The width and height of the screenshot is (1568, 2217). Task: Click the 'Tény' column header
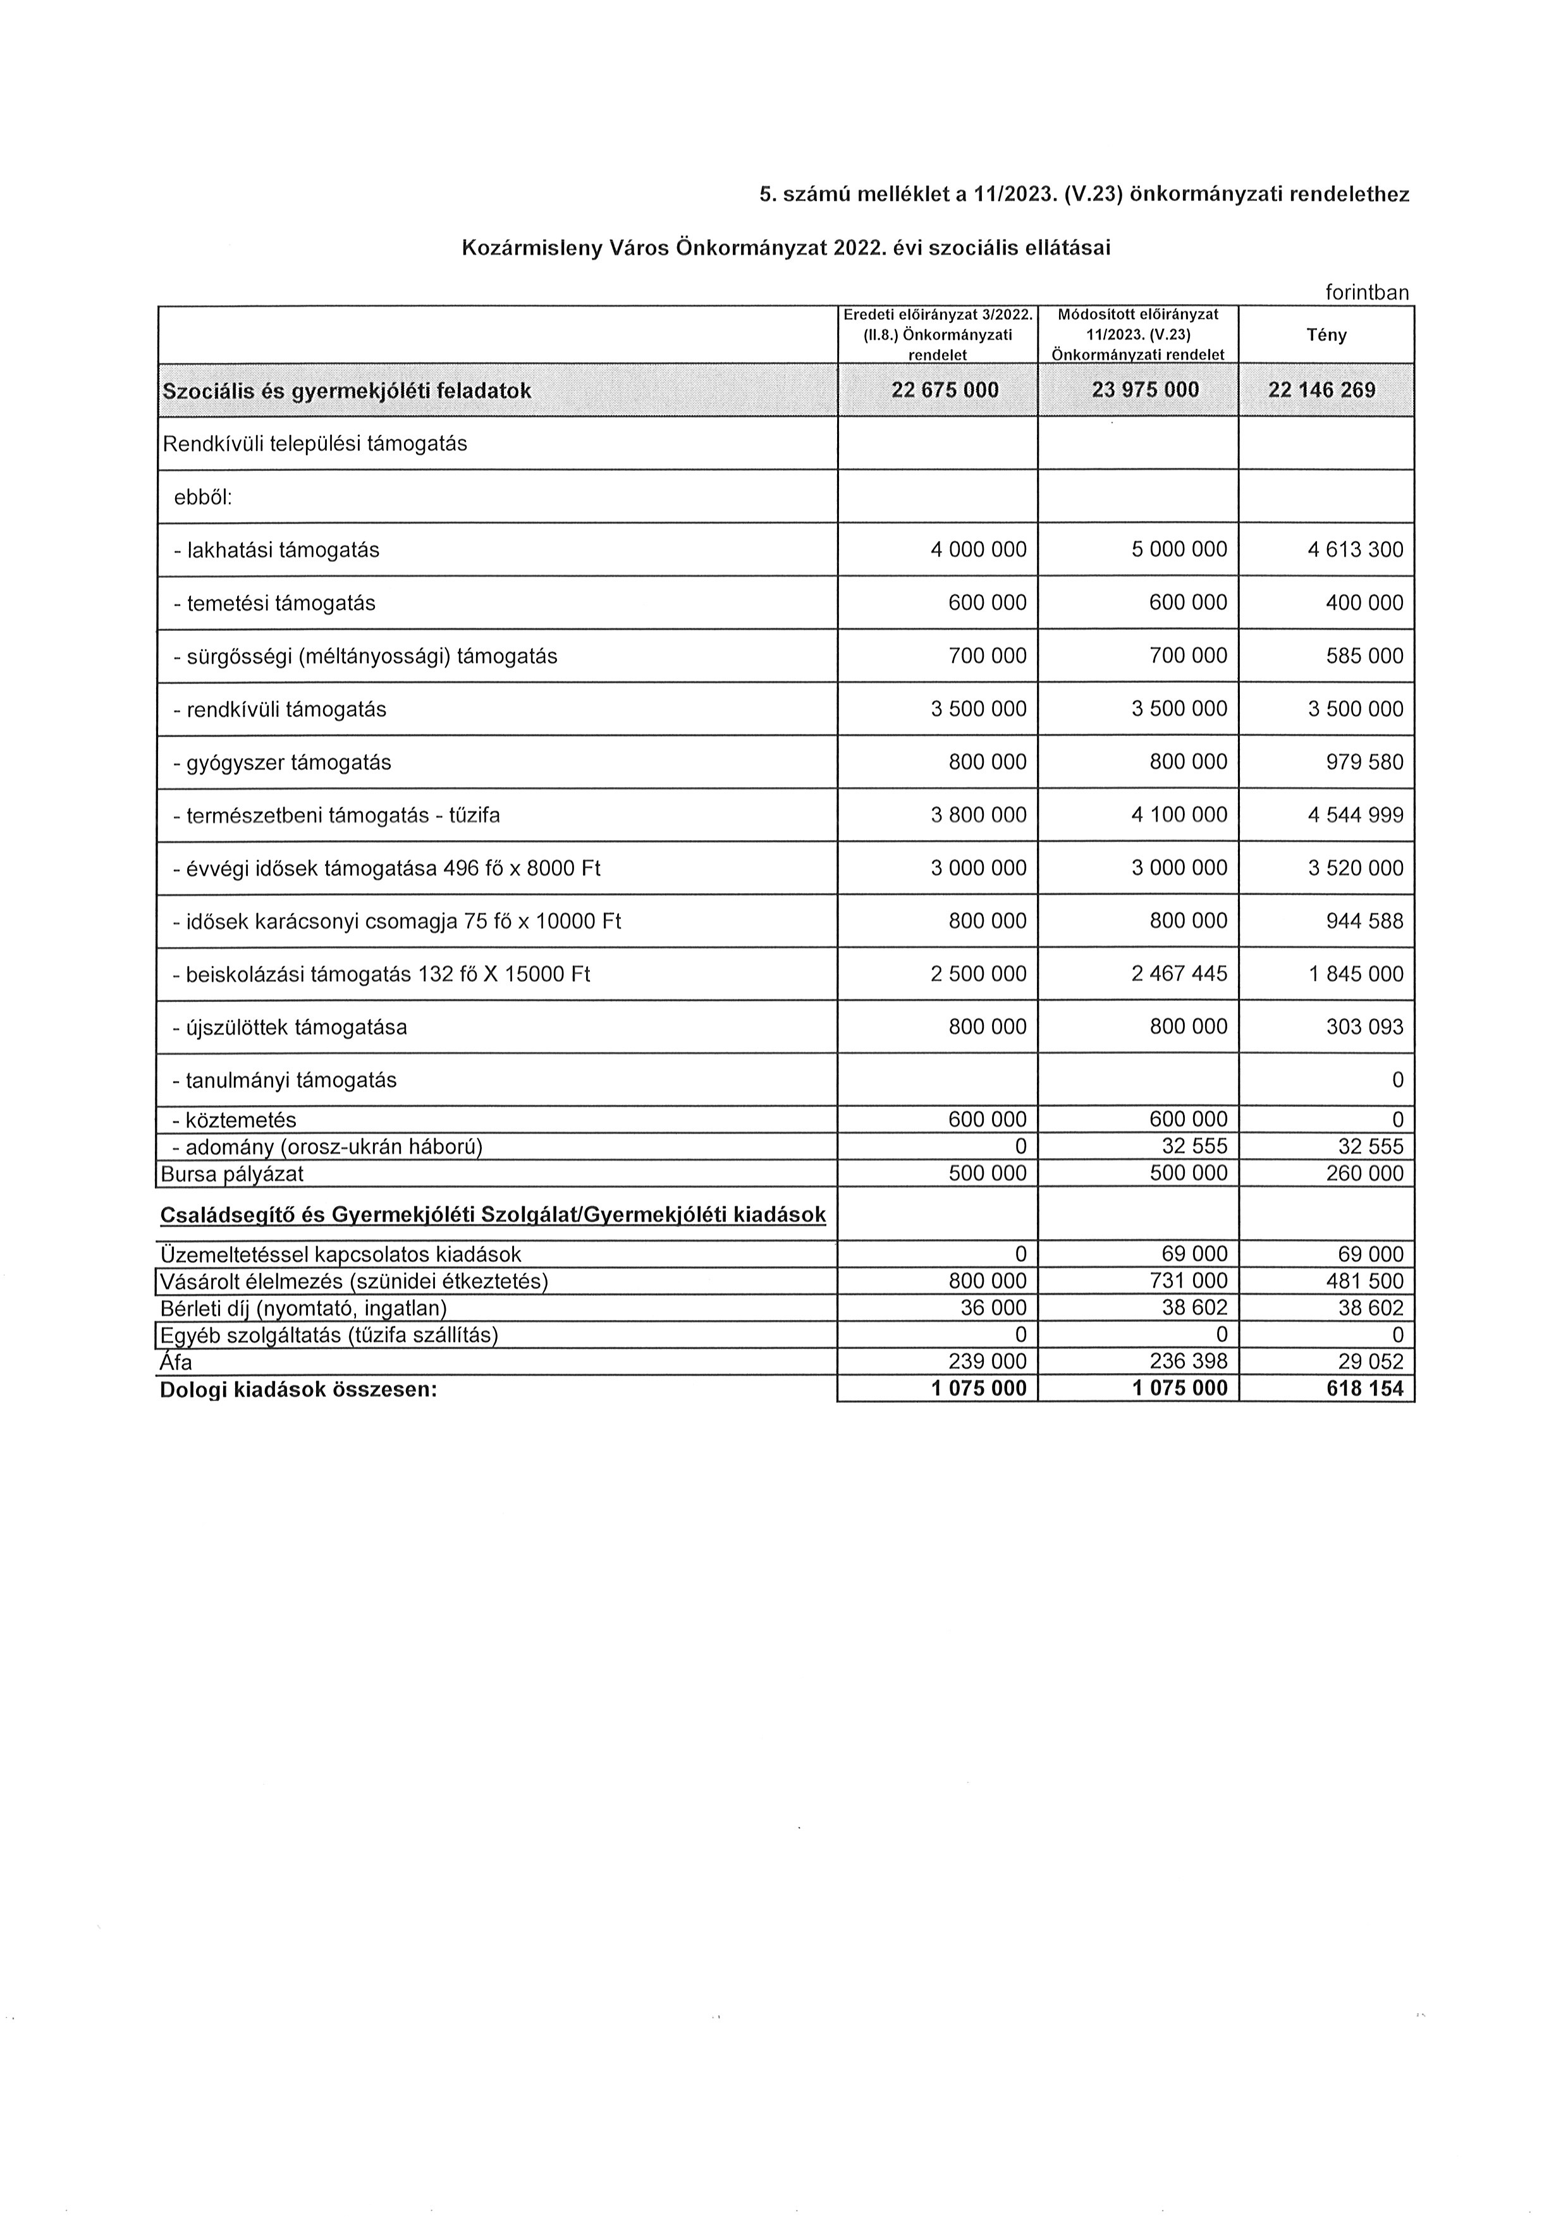pos(1326,335)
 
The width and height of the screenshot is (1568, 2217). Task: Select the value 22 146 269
pos(1322,390)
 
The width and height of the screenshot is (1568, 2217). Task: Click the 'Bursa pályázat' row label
pos(232,1174)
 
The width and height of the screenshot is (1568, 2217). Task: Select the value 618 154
pos(1364,1389)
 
